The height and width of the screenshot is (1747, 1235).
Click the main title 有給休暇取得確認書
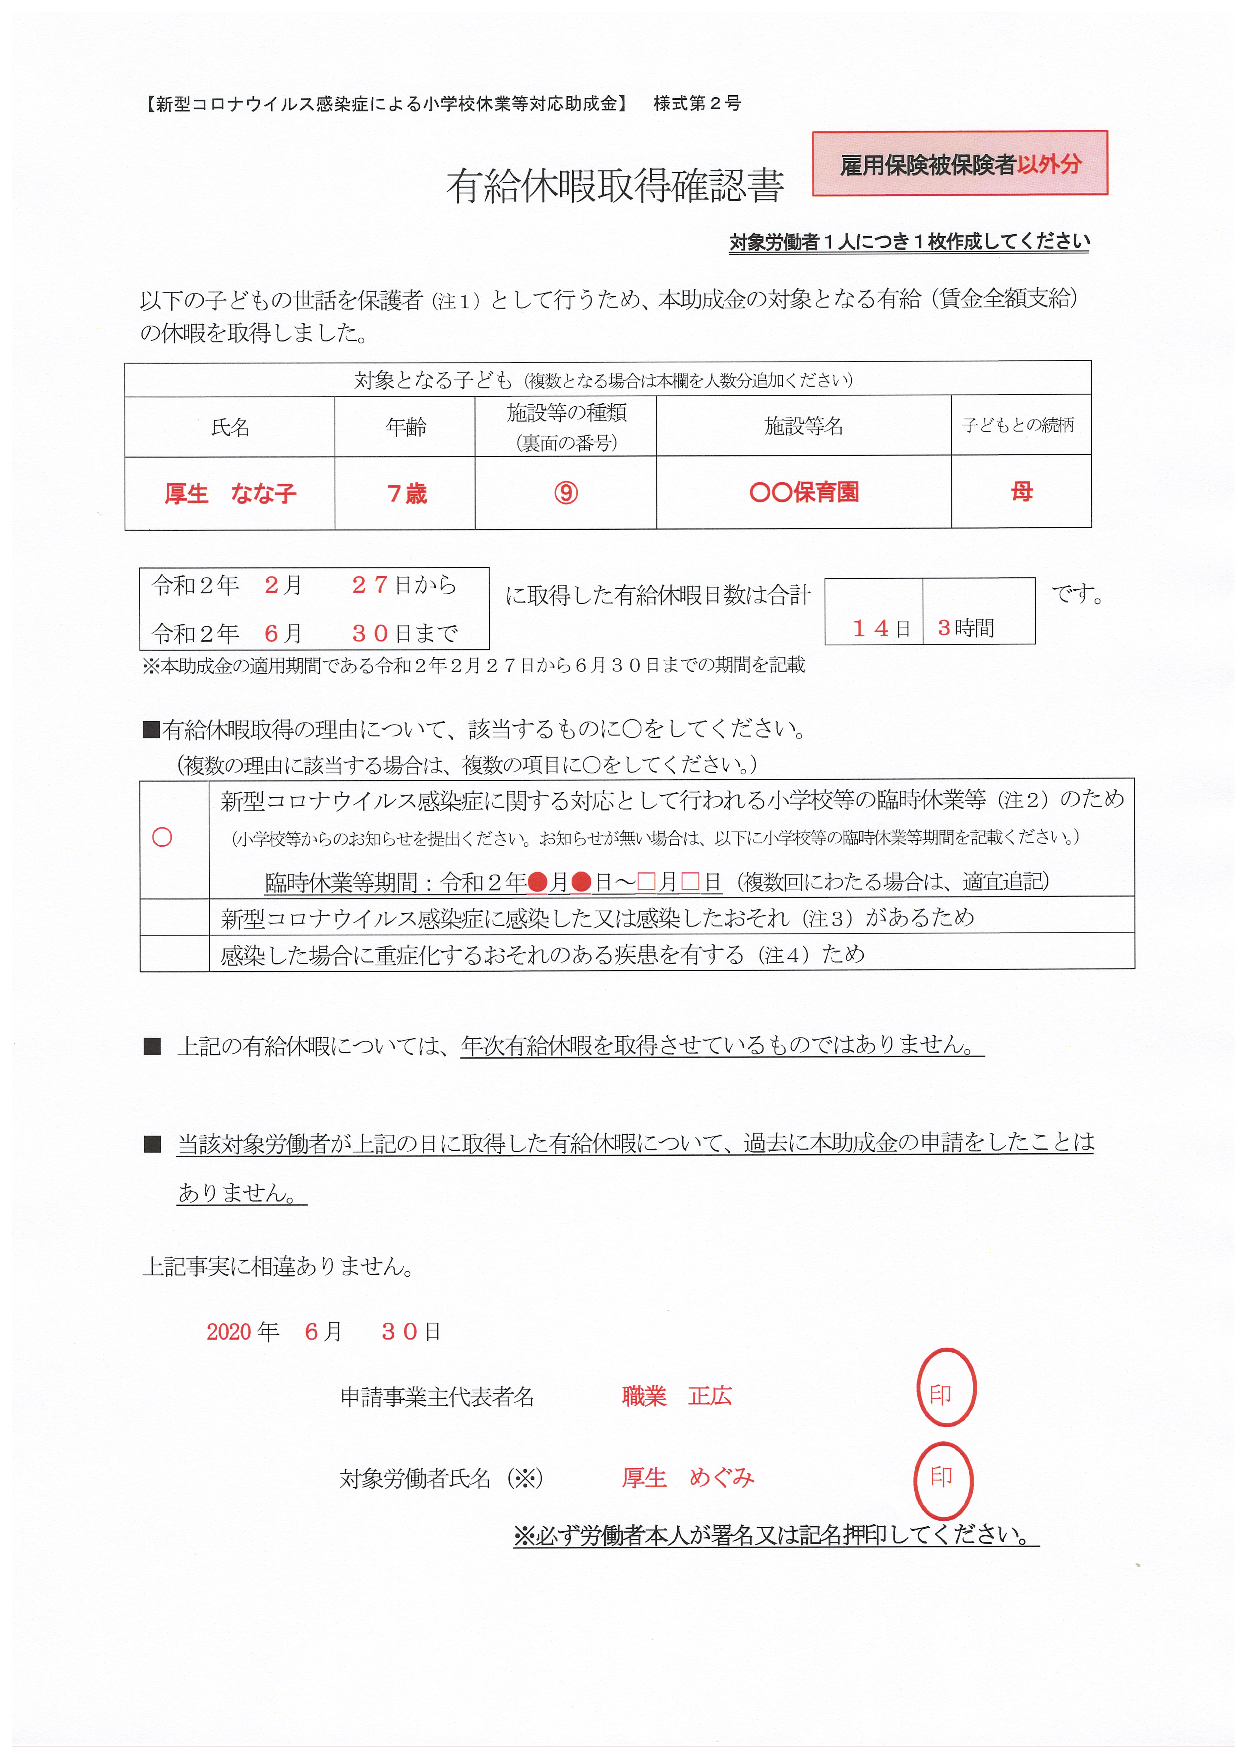[x=615, y=186]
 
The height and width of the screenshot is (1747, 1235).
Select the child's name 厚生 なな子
[x=230, y=494]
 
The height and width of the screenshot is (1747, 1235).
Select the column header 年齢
[x=406, y=427]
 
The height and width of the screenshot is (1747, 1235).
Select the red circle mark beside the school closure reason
[x=162, y=837]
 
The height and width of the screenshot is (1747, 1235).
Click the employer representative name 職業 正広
[x=676, y=1396]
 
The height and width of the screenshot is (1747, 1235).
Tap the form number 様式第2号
[x=696, y=104]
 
